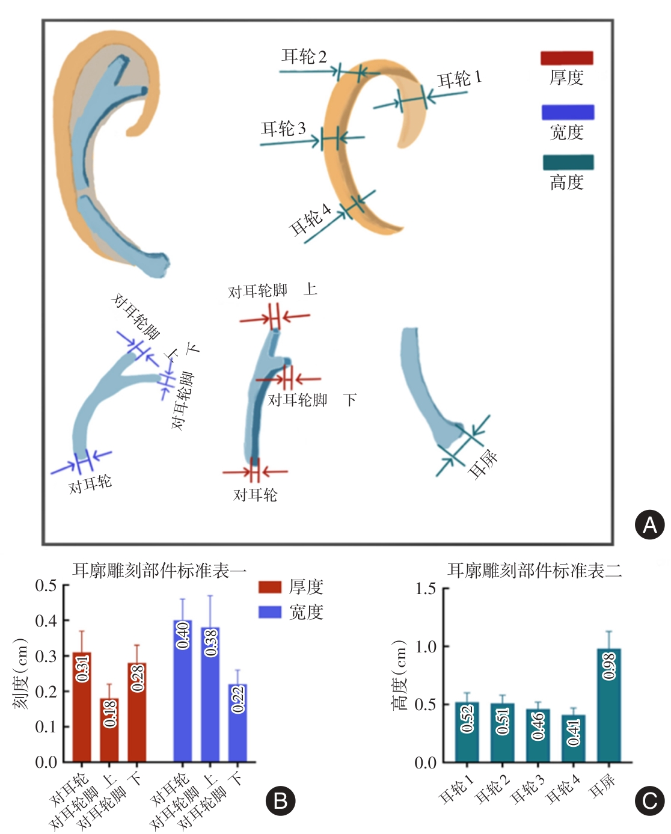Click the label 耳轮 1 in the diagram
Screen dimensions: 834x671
459,79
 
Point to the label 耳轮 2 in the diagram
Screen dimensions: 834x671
304,57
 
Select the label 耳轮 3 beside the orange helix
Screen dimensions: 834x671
283,128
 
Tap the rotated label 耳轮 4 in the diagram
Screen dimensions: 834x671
310,219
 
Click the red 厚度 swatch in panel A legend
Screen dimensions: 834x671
567,58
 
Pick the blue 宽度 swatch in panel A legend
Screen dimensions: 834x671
568,112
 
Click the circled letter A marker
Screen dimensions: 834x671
650,525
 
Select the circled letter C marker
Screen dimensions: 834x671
650,801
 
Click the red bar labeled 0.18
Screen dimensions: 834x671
109,730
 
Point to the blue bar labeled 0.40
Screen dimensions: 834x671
183,691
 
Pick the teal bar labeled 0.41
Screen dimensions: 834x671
574,738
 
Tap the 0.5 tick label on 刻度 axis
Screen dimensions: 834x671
46,586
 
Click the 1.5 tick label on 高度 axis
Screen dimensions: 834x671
426,589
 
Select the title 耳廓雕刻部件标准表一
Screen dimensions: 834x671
159,570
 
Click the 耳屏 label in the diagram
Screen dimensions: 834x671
483,464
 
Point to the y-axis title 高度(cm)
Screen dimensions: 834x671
400,675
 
